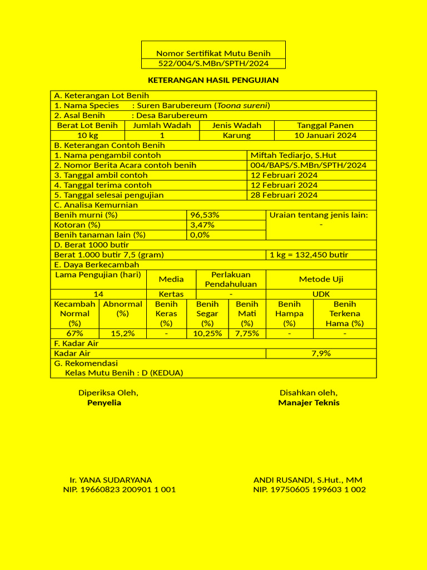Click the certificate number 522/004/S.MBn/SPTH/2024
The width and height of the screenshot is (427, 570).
[213, 63]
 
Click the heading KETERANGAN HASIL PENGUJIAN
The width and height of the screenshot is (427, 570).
[213, 80]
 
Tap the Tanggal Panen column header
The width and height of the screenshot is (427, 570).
[325, 125]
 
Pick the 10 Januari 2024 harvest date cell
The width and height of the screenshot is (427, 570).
[325, 135]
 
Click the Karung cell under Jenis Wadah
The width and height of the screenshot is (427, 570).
[237, 135]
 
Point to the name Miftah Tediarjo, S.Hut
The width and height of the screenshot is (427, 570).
[293, 155]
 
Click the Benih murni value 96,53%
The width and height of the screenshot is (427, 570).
[205, 215]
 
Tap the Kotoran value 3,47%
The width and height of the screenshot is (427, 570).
[202, 225]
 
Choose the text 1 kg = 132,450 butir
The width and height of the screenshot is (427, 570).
[309, 255]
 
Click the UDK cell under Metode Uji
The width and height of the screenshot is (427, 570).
[321, 294]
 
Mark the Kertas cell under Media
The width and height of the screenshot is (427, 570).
[171, 294]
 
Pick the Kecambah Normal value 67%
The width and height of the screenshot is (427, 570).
[75, 333]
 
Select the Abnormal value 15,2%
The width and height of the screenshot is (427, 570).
[122, 333]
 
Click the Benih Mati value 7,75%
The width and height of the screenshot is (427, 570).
[247, 333]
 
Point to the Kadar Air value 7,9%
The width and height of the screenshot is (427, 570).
[321, 353]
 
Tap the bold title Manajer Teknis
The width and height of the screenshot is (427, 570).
[309, 402]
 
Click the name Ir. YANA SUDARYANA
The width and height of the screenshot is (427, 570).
[111, 480]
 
